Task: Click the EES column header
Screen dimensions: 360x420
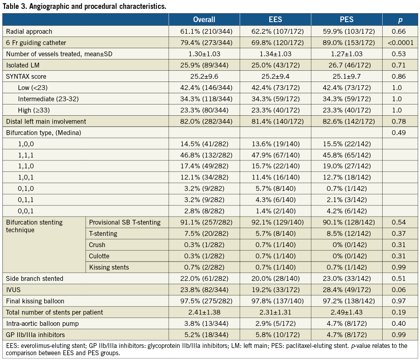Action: tap(275, 19)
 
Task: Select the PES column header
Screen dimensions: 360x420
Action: tap(346, 19)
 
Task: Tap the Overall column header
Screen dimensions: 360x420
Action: tap(204, 19)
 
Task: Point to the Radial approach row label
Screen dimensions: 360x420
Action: tap(29, 31)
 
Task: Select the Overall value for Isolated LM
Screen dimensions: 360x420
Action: tap(204, 65)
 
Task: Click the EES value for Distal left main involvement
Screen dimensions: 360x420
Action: tap(275, 121)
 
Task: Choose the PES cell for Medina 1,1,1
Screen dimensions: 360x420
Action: tap(346, 155)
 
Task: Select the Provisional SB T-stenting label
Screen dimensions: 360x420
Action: tap(125, 222)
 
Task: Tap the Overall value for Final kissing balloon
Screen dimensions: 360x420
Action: tap(204, 301)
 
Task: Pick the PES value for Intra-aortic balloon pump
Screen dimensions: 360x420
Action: tap(346, 323)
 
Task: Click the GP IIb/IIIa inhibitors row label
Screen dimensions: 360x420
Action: tap(35, 335)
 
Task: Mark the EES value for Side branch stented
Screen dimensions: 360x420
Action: tap(275, 278)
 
